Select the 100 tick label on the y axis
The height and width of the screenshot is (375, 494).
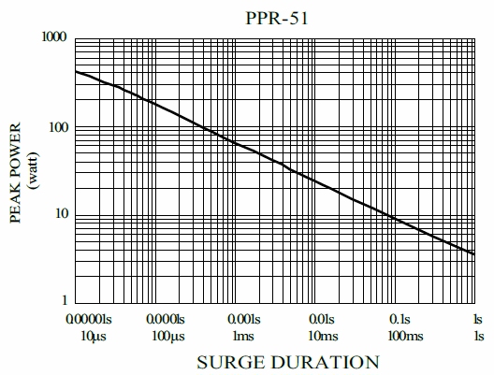click(59, 127)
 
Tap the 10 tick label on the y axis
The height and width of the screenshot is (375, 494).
click(62, 214)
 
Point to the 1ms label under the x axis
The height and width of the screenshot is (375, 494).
click(243, 335)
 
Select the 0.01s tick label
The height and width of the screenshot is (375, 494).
click(323, 320)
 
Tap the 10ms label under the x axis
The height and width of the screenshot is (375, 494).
click(323, 335)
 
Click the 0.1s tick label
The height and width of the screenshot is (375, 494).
click(402, 320)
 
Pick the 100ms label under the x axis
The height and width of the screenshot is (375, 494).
click(402, 335)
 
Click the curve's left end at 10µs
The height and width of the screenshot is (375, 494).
click(76, 71)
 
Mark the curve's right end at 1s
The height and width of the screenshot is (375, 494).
click(477, 253)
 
